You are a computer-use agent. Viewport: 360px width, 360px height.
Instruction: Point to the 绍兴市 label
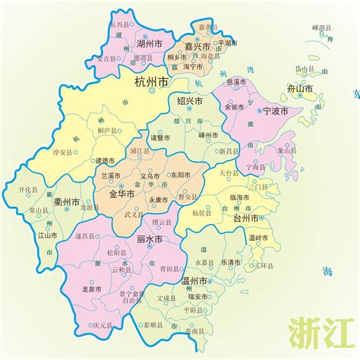189,101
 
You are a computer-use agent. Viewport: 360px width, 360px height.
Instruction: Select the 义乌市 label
149,175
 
